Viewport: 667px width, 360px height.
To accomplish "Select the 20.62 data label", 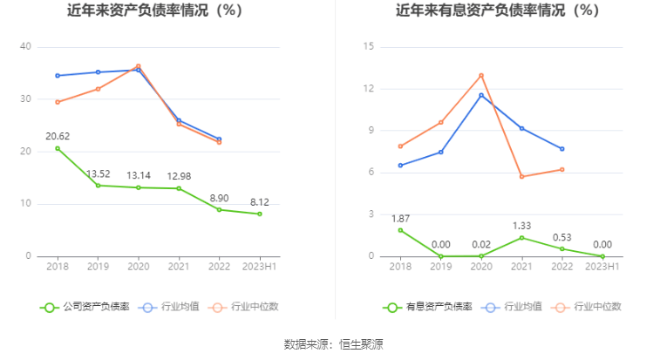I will pos(58,136).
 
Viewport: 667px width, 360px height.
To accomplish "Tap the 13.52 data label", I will pos(98,173).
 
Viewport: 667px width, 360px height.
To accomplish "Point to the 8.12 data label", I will pos(260,201).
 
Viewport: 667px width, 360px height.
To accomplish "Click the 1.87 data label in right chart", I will pos(400,218).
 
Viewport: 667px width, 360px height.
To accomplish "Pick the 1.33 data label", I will pos(521,226).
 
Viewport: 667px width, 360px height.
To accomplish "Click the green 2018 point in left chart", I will pos(58,148).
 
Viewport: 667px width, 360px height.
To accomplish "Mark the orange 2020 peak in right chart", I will pos(481,75).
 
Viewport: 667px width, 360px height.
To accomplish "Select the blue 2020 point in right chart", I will pos(481,95).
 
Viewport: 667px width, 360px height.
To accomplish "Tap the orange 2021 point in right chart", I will pos(521,177).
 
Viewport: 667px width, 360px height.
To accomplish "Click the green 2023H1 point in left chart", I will pos(260,214).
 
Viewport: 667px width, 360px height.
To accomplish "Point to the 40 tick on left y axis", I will pos(26,46).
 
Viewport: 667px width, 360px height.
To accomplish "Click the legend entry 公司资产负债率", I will pos(87,306).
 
